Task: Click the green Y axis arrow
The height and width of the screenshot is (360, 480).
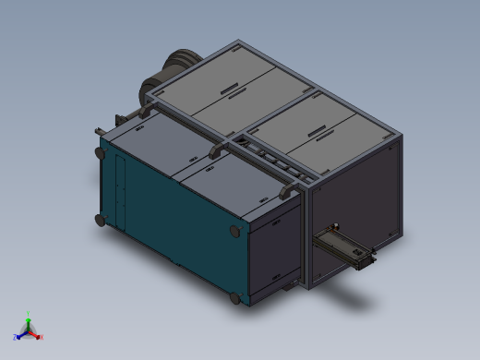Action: coord(28,318)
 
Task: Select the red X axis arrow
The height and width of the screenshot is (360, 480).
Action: coord(38,336)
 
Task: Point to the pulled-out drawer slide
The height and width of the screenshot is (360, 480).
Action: coord(342,246)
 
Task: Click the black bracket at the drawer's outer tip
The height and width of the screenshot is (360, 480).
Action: coord(368,260)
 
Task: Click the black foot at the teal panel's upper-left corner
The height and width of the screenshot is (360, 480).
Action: coord(99,152)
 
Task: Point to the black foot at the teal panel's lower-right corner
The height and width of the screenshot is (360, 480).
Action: coord(235,299)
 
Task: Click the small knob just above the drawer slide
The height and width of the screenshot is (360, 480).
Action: coord(337,226)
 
